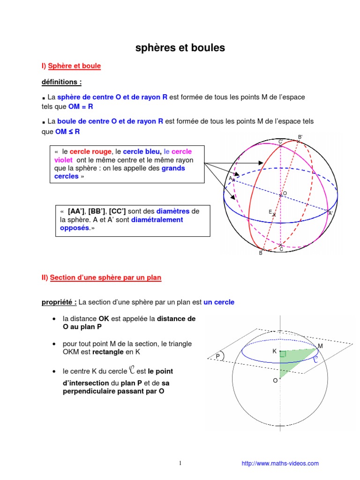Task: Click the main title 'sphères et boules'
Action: (x=180, y=48)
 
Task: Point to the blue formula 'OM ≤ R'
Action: (x=67, y=132)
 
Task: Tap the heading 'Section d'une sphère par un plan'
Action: (x=105, y=278)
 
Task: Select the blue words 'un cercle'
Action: (x=219, y=302)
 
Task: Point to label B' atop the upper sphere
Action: (x=300, y=137)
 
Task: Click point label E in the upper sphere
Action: (x=270, y=212)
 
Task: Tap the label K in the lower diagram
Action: (x=275, y=351)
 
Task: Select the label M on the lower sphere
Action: (x=320, y=346)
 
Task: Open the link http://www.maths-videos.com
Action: (x=280, y=464)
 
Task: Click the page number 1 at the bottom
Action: (x=180, y=464)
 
